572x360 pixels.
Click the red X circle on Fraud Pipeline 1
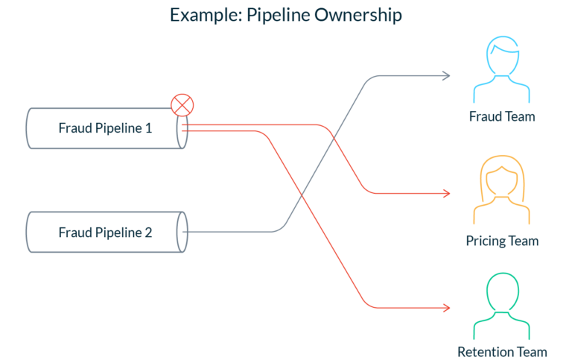182,105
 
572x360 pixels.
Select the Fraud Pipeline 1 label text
105,128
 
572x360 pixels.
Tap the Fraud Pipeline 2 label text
105,233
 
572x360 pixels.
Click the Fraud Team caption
502,116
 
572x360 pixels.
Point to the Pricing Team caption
502,241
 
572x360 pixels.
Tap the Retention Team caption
502,352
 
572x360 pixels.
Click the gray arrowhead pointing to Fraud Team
446,76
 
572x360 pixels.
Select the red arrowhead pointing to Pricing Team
446,193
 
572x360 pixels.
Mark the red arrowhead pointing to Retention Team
446,308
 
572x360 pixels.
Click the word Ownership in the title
357,16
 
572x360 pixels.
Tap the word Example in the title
206,16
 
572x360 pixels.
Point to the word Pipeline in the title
278,16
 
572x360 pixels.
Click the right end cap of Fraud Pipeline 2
182,232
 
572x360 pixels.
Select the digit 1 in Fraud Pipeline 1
148,128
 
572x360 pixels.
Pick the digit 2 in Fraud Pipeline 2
148,233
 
